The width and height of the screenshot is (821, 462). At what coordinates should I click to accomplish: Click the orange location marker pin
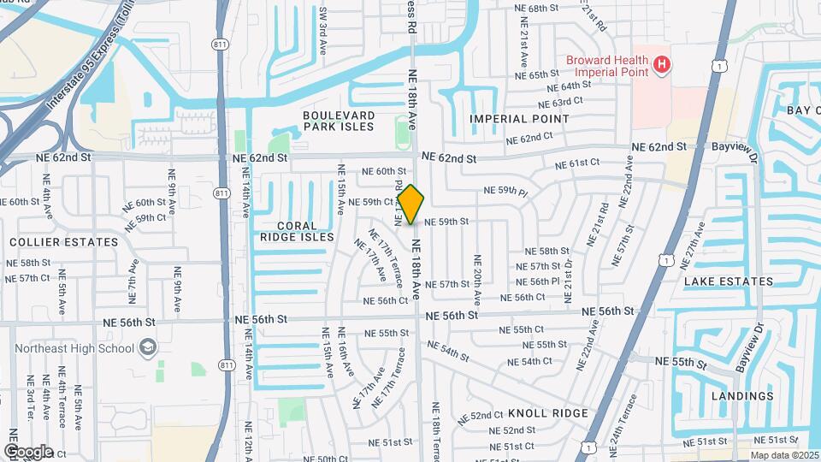[x=411, y=204]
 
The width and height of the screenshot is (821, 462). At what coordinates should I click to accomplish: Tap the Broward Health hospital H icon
[x=660, y=64]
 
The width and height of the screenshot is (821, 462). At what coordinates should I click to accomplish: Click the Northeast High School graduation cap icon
[x=148, y=347]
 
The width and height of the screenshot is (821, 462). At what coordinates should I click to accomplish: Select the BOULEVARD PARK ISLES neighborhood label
[x=339, y=121]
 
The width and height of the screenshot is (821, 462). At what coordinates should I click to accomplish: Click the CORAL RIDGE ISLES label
[x=297, y=230]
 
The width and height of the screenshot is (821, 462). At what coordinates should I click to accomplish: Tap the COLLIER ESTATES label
[x=63, y=242]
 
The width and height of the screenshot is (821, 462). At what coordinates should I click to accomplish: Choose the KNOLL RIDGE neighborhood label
[x=547, y=412]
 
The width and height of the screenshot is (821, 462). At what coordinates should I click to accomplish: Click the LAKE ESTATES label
[x=729, y=281]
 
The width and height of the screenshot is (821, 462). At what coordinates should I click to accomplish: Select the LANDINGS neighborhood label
[x=741, y=396]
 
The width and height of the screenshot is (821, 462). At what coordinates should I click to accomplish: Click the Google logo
[x=28, y=451]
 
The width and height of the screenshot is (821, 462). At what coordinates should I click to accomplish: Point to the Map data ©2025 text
[x=783, y=456]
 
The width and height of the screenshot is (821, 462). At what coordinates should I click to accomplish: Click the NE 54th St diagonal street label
[x=449, y=351]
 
